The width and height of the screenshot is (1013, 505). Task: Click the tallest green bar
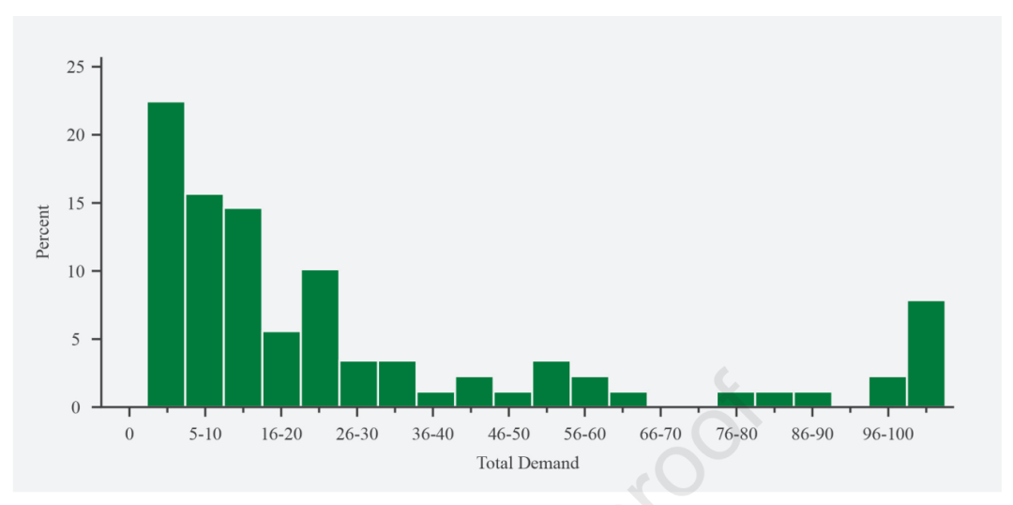[166, 254]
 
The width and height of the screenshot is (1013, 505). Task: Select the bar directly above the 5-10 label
[204, 300]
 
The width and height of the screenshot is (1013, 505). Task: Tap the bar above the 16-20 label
[281, 369]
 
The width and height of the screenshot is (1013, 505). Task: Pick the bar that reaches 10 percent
[320, 338]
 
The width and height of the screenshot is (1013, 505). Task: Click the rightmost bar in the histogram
[926, 354]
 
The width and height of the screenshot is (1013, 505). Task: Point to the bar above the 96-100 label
[887, 391]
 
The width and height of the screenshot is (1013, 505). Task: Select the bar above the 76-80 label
[736, 400]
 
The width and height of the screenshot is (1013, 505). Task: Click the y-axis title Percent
[43, 232]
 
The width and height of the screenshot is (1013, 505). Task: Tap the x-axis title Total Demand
[528, 463]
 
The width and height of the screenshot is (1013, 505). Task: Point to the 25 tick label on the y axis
[76, 67]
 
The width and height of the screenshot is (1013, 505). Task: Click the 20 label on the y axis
[76, 135]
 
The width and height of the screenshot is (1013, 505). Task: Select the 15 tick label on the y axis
[76, 203]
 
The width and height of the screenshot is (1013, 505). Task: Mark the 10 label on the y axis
[76, 271]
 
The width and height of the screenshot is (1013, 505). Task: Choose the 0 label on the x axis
[129, 434]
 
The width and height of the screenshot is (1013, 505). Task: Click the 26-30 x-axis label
[357, 434]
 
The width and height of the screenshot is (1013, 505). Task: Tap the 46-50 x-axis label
[508, 434]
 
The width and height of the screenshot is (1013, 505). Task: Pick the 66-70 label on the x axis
[660, 434]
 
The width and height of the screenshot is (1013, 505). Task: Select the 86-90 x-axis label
[812, 434]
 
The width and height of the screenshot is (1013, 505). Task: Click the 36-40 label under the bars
[432, 434]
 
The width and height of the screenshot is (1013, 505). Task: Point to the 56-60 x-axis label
[584, 434]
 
